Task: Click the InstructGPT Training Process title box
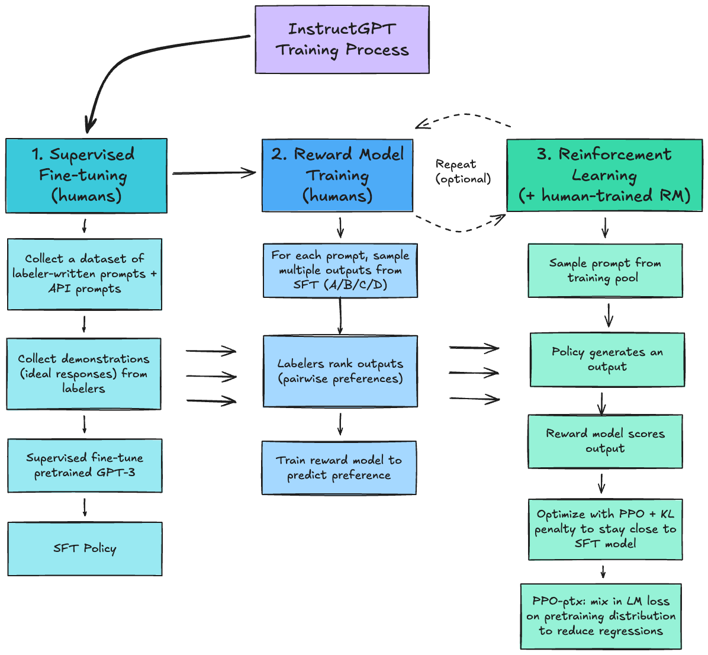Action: click(342, 40)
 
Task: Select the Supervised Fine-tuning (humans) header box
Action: click(86, 175)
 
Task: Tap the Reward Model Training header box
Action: click(337, 175)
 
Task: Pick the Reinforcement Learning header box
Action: click(604, 175)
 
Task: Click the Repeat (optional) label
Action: click(463, 171)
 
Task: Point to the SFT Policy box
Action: click(85, 548)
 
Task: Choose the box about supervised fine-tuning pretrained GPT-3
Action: click(85, 465)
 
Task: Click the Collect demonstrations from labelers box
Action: click(83, 374)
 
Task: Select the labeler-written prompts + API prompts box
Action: click(85, 274)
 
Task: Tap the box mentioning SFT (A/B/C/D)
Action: click(340, 270)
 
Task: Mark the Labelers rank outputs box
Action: click(340, 371)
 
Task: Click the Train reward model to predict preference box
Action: click(339, 468)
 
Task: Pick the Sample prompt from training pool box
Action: click(605, 271)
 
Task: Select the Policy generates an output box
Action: click(607, 359)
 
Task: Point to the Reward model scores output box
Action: click(605, 441)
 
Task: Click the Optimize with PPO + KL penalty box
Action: click(605, 529)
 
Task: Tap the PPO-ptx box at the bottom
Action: click(601, 616)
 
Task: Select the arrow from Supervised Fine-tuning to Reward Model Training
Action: click(214, 173)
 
